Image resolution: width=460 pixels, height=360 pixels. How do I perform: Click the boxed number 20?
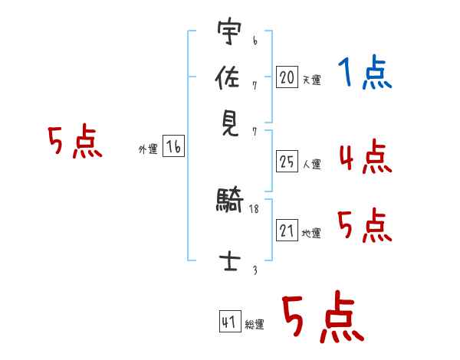(x=287, y=77)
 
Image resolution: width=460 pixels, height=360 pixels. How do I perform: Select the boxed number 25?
(x=287, y=162)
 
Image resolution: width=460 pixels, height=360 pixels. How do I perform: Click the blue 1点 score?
(x=365, y=74)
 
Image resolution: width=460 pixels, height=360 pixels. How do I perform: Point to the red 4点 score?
(x=364, y=157)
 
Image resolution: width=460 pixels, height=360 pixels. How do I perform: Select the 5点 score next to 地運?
(x=364, y=227)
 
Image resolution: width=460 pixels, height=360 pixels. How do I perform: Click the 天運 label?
(x=311, y=80)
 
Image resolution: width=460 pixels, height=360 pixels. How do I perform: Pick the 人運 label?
(x=311, y=164)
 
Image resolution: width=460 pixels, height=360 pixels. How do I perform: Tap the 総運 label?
(x=255, y=325)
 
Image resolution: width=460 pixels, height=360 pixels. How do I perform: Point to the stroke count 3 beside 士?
(x=255, y=270)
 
